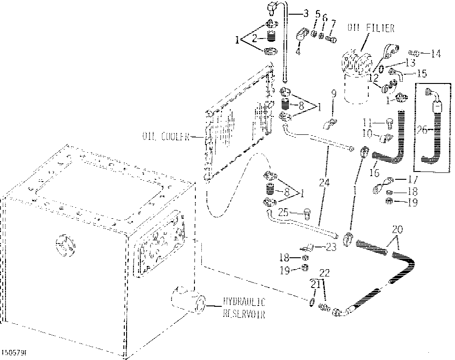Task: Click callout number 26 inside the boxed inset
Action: point(423,130)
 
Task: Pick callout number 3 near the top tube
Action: point(305,13)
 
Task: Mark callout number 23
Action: point(330,247)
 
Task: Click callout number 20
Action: point(397,228)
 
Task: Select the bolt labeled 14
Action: point(411,53)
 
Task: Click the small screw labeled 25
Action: point(307,213)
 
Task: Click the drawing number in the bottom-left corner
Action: point(13,354)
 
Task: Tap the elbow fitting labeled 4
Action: point(302,35)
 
